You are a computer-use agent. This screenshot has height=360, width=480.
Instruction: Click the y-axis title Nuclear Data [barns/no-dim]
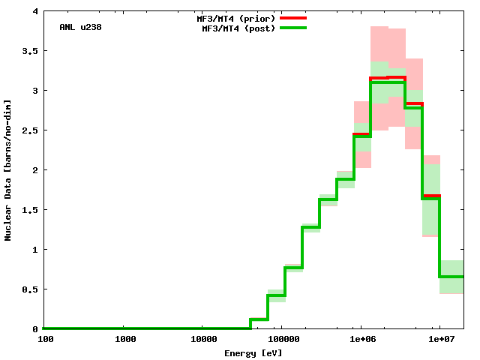[x=8, y=170]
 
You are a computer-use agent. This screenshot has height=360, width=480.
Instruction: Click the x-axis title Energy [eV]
[x=253, y=352]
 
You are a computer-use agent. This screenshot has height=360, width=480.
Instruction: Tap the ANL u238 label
[x=80, y=27]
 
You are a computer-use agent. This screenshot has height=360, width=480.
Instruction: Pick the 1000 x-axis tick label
[x=125, y=339]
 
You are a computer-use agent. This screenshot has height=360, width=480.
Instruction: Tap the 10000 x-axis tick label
[x=202, y=339]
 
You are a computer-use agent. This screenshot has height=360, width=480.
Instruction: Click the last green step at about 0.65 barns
[x=451, y=277]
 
